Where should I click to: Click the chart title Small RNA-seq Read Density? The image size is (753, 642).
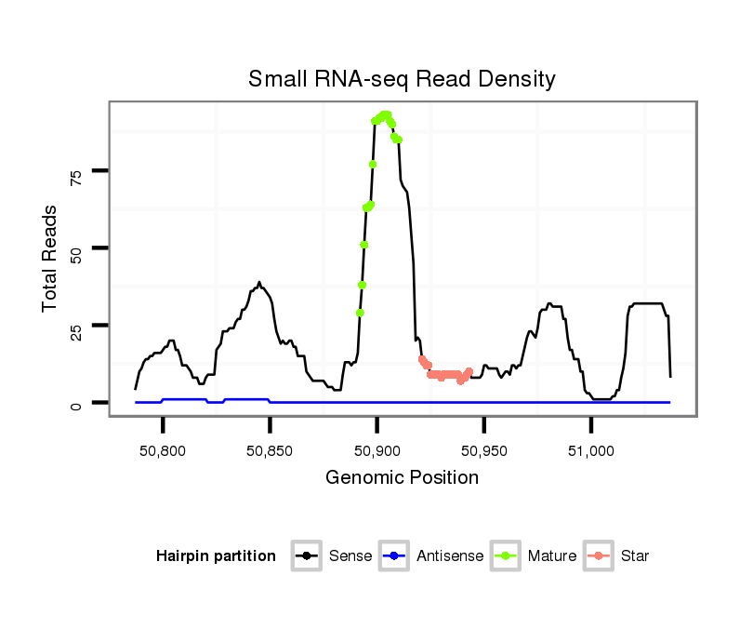(x=402, y=79)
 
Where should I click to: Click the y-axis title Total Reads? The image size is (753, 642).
(x=51, y=258)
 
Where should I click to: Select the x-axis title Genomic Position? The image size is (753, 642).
(x=402, y=478)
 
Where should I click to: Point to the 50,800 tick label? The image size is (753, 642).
(x=163, y=450)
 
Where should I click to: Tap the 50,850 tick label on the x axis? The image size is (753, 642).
(x=270, y=450)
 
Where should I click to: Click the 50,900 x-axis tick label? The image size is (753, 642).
(x=376, y=450)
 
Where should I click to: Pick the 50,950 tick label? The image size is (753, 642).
(x=483, y=450)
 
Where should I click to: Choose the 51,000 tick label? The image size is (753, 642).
(x=591, y=450)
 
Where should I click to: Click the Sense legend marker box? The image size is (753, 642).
(x=306, y=556)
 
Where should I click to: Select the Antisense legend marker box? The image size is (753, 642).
(x=394, y=556)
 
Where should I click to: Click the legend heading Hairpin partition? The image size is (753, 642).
(x=216, y=556)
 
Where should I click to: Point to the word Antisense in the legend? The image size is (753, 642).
(x=450, y=556)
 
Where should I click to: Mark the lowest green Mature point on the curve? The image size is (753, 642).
(x=360, y=313)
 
